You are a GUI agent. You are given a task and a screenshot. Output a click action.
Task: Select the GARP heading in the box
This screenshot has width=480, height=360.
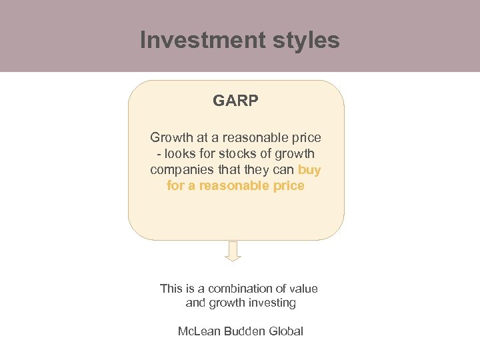(236, 101)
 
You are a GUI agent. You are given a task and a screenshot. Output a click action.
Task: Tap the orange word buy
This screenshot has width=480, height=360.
(309, 170)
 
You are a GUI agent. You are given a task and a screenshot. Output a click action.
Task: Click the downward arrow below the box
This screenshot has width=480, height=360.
(233, 251)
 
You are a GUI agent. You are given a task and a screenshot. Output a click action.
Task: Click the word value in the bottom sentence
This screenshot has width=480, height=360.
(303, 289)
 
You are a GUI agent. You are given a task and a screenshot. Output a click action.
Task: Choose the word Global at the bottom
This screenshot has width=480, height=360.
(286, 331)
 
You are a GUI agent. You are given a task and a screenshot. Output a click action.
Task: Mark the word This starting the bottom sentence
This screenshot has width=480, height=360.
(171, 289)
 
